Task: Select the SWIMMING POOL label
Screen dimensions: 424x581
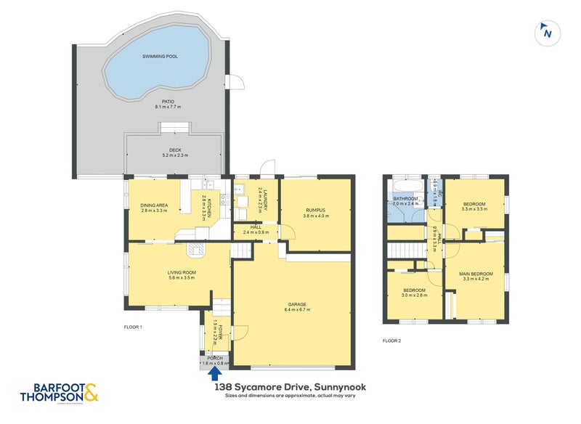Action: (159, 56)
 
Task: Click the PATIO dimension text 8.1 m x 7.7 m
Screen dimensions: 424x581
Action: (166, 107)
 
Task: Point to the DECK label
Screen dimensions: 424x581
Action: (167, 151)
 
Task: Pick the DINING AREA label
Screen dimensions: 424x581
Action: (154, 205)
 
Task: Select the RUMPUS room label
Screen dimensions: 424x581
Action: (314, 210)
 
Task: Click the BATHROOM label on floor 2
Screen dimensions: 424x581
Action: (405, 198)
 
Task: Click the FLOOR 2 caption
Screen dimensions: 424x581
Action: (392, 340)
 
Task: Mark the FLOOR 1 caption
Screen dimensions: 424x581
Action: (132, 328)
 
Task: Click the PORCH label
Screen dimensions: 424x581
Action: (215, 358)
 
